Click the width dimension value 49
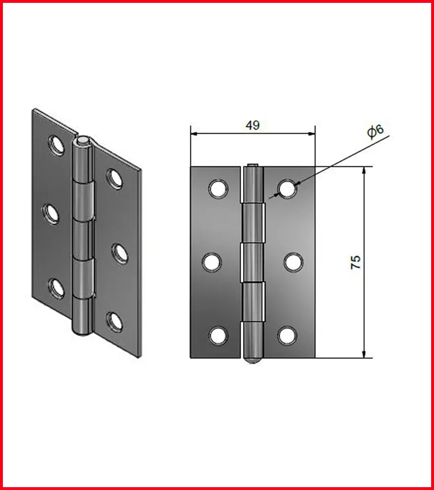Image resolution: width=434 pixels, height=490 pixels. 252,125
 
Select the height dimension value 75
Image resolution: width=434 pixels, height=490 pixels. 356,262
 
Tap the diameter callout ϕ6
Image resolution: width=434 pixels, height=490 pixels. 375,131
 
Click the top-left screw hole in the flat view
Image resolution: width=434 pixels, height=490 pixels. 218,189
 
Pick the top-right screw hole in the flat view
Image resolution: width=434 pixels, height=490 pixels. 287,189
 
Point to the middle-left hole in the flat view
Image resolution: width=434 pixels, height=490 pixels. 212,262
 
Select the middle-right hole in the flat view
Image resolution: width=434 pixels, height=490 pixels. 294,262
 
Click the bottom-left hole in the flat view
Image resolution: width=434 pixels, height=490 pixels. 218,335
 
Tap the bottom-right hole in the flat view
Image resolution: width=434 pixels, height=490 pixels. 287,335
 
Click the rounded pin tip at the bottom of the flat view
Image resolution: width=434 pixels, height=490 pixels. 253,361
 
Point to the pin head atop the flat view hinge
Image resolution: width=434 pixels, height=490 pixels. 252,165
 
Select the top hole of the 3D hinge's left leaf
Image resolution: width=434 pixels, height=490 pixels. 57,145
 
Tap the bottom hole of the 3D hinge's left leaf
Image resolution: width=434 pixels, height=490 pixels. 57,288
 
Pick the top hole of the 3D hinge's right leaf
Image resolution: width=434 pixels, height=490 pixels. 114,179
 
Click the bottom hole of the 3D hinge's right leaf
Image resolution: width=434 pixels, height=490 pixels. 114,321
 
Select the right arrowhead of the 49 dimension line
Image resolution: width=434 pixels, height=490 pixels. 311,134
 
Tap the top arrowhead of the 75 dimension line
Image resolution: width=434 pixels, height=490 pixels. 364,170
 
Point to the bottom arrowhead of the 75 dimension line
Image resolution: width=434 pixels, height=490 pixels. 364,354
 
